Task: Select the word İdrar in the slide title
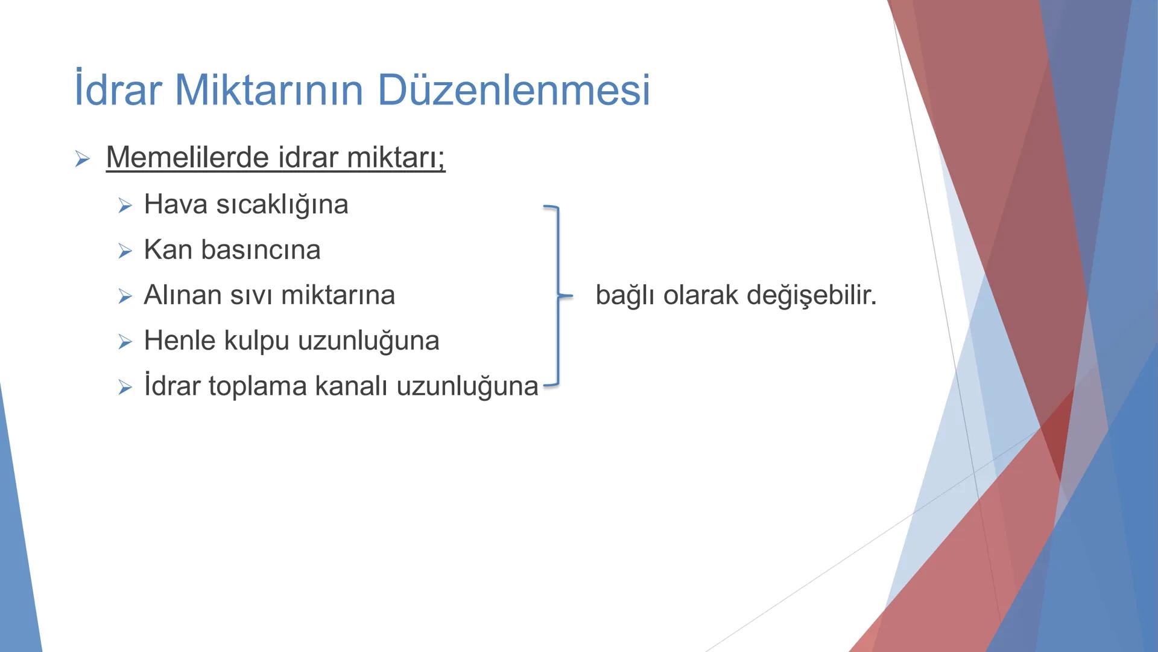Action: point(118,91)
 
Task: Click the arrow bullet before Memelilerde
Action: point(82,159)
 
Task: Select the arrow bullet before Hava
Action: point(125,206)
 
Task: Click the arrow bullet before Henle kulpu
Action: point(125,342)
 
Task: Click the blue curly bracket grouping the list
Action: point(558,295)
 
